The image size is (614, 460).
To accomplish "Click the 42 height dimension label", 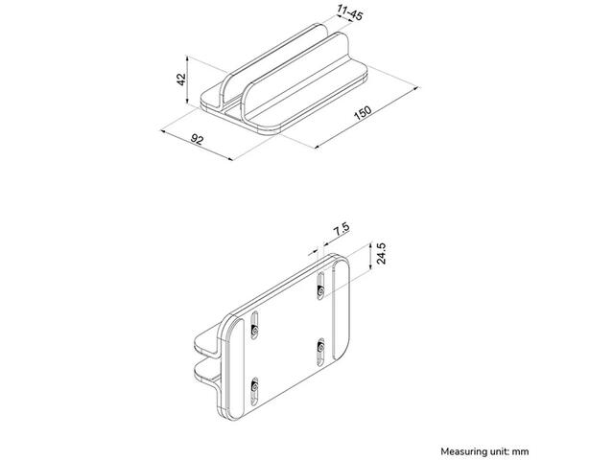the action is click(x=181, y=80).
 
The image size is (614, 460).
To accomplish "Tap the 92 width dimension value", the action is click(x=197, y=139).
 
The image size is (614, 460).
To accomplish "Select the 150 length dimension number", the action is click(x=363, y=112).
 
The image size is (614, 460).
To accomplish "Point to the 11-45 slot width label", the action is click(x=349, y=12).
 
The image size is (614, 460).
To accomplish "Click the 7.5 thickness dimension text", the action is click(x=342, y=229).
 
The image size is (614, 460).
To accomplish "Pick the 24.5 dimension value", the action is click(x=381, y=253).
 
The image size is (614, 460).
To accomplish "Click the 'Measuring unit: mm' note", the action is click(x=484, y=451).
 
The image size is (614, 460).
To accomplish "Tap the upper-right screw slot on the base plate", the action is click(x=320, y=286).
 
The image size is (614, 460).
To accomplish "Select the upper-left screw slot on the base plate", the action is click(x=254, y=325).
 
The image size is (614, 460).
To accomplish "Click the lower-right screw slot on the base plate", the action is click(x=320, y=352).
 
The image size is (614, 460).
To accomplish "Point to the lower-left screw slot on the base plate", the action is click(x=254, y=391).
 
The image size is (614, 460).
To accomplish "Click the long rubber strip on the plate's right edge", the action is click(x=341, y=310).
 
